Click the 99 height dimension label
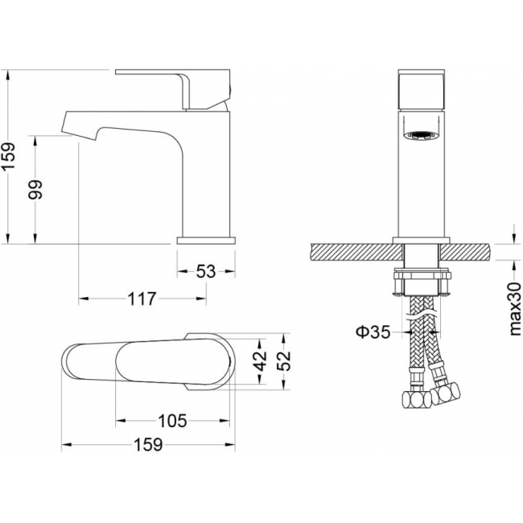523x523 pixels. point(35,189)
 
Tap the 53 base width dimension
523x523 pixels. point(206,271)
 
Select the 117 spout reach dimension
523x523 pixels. point(142,299)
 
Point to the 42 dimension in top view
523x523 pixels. point(261,361)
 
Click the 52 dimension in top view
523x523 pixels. point(284,361)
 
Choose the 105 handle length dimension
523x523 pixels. point(172,421)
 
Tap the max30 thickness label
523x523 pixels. point(515,308)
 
